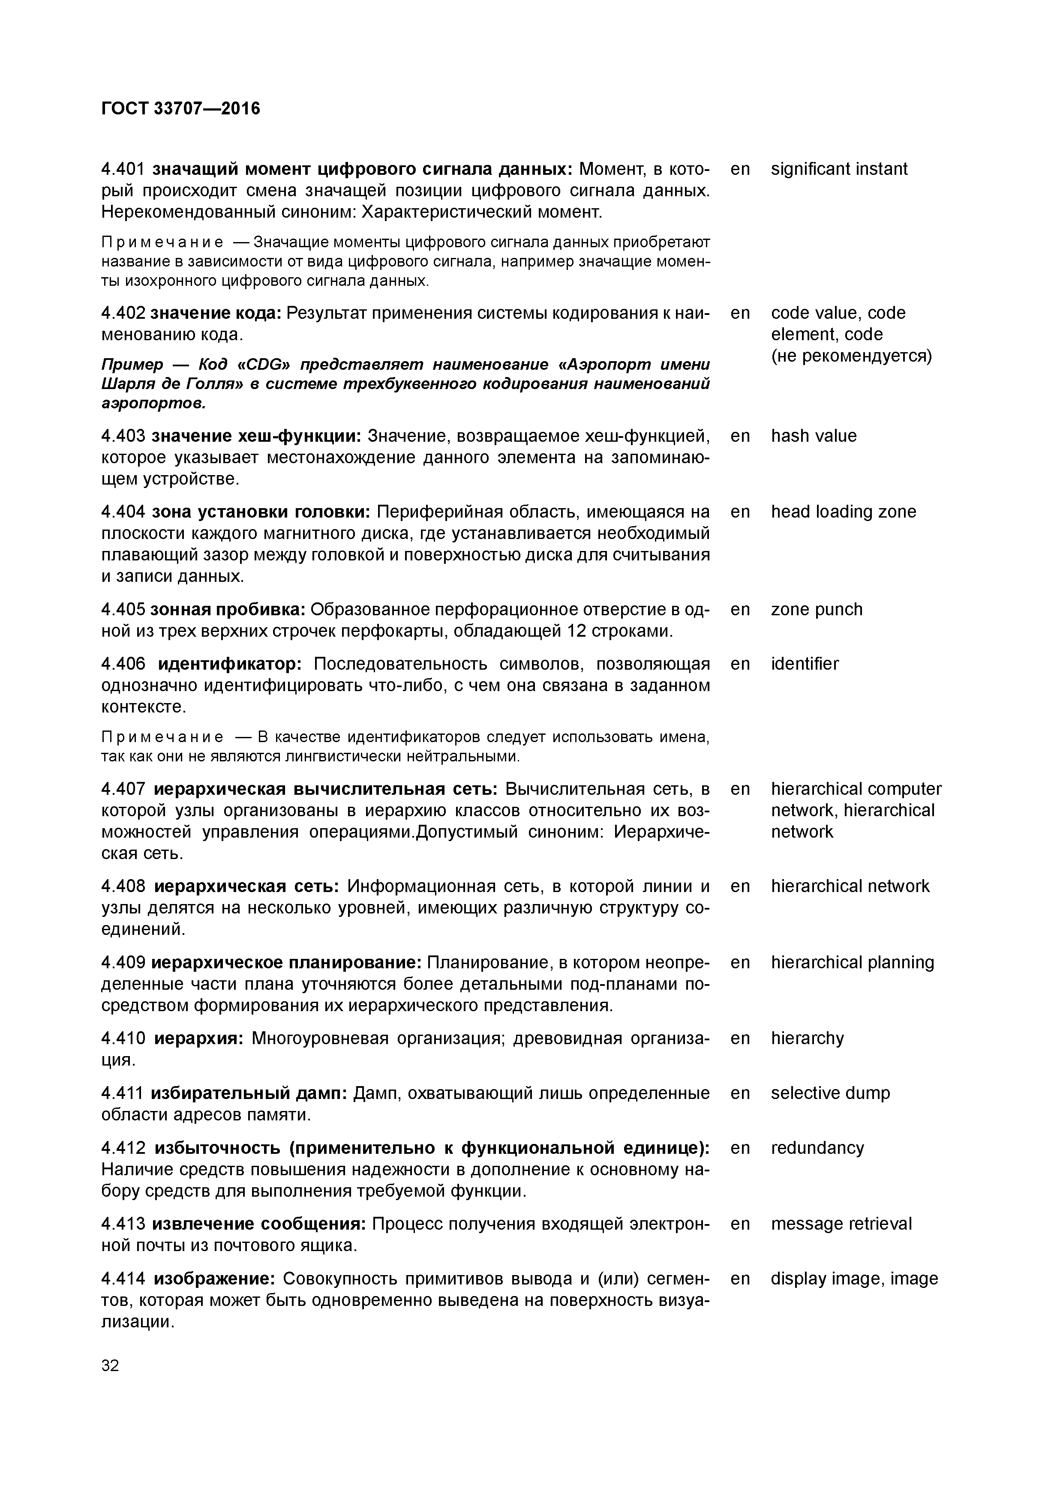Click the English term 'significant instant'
(839, 170)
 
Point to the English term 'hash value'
(814, 436)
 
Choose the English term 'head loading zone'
(844, 512)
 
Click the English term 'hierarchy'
(808, 1038)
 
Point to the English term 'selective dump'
(831, 1093)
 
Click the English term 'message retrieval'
(841, 1224)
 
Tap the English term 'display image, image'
(854, 1278)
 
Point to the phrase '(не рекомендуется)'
(851, 356)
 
